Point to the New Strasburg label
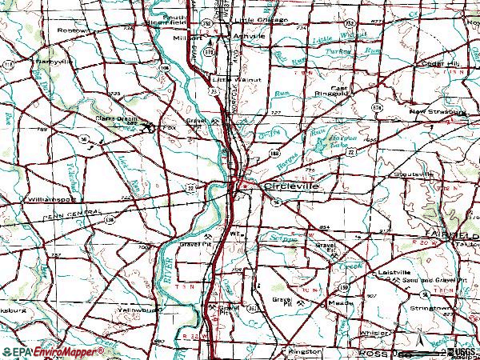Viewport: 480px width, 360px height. click(437, 112)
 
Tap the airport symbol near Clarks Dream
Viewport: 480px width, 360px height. click(148, 126)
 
